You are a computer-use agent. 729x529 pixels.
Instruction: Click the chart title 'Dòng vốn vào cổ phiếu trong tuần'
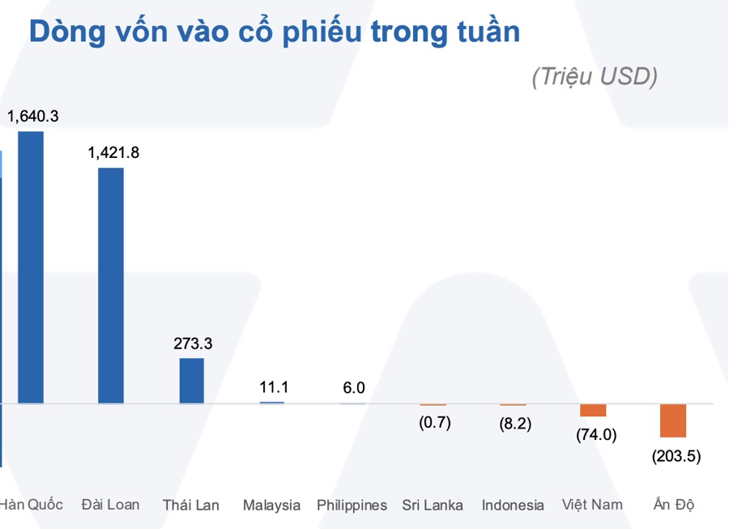click(x=274, y=32)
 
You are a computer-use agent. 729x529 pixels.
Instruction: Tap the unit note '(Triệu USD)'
click(x=594, y=76)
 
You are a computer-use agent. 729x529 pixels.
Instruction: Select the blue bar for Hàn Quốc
click(x=31, y=267)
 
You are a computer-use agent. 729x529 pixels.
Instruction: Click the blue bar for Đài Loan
click(x=111, y=285)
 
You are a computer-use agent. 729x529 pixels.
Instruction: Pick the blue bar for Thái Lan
click(x=192, y=380)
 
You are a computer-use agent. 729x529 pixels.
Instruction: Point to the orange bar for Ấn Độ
click(x=673, y=420)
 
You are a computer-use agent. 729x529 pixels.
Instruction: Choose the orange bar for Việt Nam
click(x=593, y=410)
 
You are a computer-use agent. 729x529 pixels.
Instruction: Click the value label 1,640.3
click(x=32, y=116)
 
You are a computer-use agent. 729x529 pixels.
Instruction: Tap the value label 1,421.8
click(x=113, y=152)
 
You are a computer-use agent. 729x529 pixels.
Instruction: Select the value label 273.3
click(x=193, y=343)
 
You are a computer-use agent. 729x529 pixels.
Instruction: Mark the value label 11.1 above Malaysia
click(x=274, y=387)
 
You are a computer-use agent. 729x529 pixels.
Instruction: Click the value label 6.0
click(x=354, y=387)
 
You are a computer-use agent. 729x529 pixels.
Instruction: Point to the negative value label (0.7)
click(x=434, y=422)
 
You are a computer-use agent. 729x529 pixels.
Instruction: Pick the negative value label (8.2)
click(x=514, y=424)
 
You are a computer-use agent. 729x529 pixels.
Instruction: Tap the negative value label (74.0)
click(x=595, y=434)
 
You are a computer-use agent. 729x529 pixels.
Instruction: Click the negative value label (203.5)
click(x=676, y=455)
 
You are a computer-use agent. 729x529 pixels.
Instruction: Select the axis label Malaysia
click(x=271, y=505)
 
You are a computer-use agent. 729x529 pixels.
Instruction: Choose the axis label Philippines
click(x=352, y=505)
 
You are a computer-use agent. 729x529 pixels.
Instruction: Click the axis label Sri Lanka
click(x=433, y=505)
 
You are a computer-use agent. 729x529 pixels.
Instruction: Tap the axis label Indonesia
click(x=513, y=505)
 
